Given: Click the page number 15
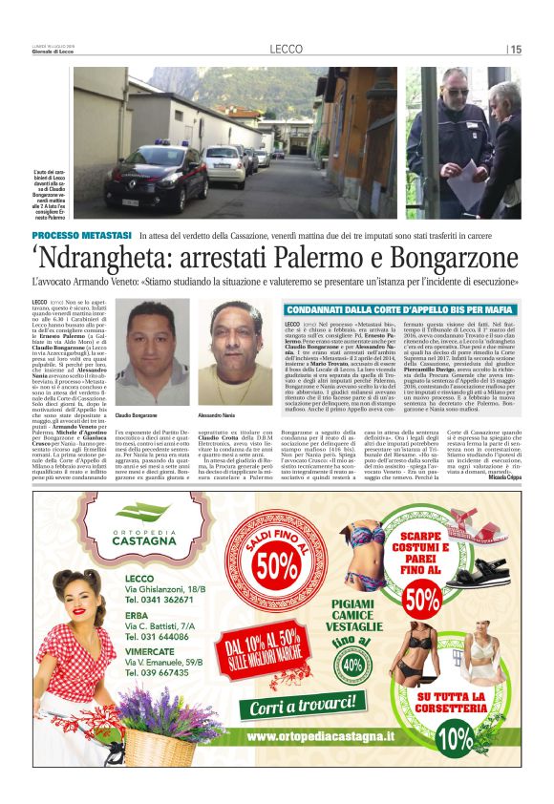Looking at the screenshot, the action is (x=515, y=50).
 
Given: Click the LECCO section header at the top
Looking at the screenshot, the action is (x=286, y=49).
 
